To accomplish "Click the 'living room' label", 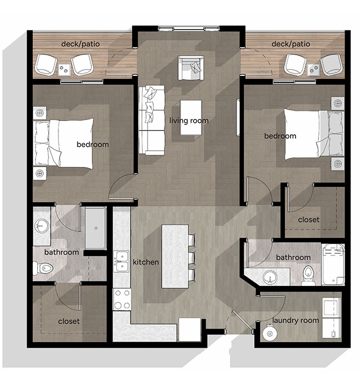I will tap(188, 120).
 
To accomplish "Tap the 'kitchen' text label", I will tap(146, 263).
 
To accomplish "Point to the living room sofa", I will tap(151, 120).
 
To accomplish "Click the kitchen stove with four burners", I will tap(121, 299).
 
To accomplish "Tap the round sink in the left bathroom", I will tap(42, 225).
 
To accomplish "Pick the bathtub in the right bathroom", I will tap(333, 265).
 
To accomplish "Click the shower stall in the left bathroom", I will tap(96, 228).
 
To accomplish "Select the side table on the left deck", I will tap(64, 69).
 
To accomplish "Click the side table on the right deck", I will tap(314, 69).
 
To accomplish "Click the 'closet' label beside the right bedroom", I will tap(309, 219).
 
